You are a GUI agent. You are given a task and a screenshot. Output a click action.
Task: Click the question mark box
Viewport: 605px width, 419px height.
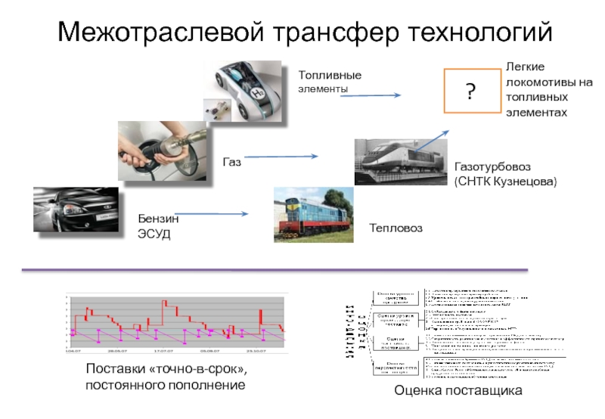[470, 92]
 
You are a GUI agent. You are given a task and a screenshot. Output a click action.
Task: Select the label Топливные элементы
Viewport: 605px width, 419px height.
[330, 82]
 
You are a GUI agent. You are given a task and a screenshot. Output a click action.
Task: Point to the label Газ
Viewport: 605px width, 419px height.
[231, 162]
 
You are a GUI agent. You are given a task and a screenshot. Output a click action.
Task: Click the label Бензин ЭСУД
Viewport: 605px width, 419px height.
[158, 225]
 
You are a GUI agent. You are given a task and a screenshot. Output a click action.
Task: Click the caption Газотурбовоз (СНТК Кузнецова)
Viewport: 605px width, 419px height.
[505, 175]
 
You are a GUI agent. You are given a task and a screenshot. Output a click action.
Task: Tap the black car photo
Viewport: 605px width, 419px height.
[76, 213]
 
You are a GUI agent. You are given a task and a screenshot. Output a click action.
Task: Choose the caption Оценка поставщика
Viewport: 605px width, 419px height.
[458, 391]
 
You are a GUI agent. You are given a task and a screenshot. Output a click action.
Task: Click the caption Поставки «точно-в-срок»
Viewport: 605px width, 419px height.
[166, 370]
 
